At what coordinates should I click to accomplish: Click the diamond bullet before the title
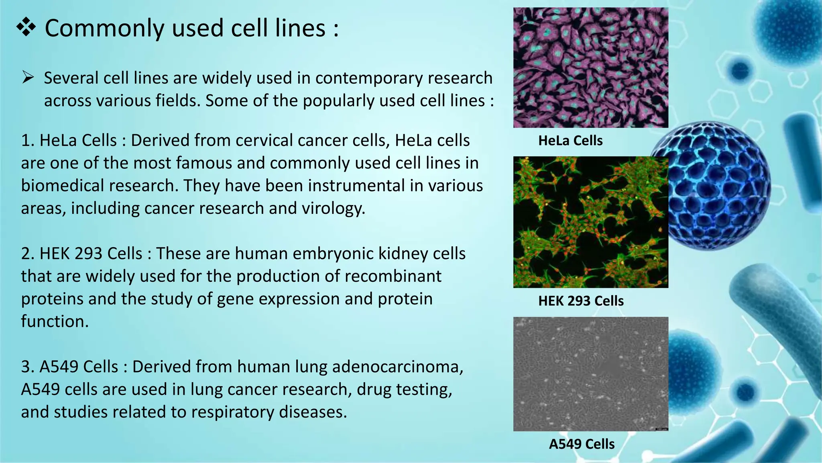(26, 28)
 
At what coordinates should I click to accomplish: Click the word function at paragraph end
(55, 322)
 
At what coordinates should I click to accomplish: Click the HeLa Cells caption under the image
(570, 141)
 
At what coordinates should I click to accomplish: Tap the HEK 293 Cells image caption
(581, 301)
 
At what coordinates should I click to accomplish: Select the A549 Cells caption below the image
(582, 444)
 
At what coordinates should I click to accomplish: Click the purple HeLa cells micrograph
(590, 68)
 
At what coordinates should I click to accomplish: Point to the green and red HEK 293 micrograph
(590, 222)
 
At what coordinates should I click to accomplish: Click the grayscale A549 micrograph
(590, 374)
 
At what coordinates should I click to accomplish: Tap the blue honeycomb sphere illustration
(714, 185)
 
